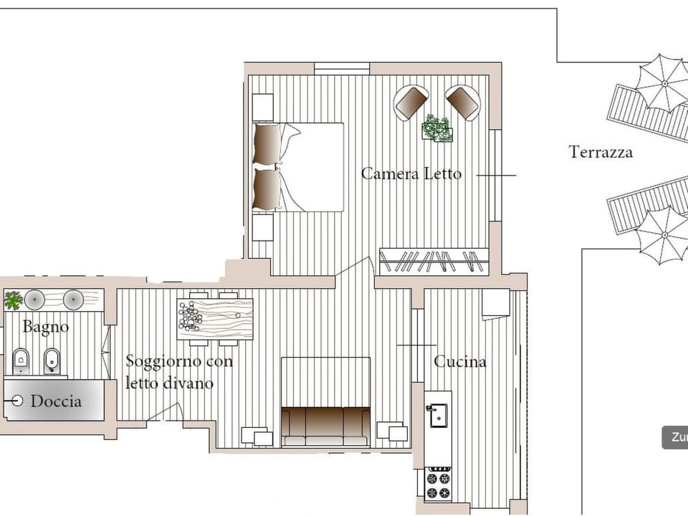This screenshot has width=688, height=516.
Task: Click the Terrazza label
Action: click(x=601, y=152)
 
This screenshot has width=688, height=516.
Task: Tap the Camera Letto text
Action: click(x=411, y=173)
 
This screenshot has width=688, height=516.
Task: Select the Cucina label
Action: click(x=460, y=362)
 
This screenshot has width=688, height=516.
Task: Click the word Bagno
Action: click(x=46, y=328)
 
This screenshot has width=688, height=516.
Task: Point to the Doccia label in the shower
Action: click(x=56, y=401)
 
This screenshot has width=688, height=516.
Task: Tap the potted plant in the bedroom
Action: click(x=436, y=128)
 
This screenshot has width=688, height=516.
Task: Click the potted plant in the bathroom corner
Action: click(x=13, y=300)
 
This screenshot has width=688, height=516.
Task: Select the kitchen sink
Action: click(x=436, y=414)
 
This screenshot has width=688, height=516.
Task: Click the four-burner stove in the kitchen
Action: click(x=437, y=483)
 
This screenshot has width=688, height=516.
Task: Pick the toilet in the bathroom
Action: click(x=21, y=360)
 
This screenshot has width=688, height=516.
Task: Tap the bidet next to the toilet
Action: click(x=52, y=360)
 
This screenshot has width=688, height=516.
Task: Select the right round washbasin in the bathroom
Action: click(x=73, y=299)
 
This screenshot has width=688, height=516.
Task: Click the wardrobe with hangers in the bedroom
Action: click(x=434, y=261)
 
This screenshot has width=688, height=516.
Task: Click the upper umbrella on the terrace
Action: click(x=664, y=83)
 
